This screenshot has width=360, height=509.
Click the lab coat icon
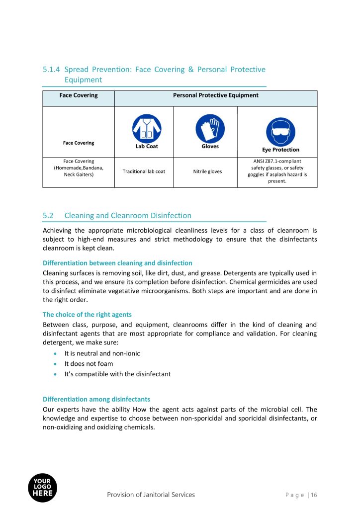pos(147,128)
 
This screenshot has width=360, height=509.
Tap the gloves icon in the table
pos(210,128)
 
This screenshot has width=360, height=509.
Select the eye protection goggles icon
pos(280,131)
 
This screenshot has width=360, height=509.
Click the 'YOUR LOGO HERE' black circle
pos(42,487)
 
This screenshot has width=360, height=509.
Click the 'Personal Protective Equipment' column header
pos(215,95)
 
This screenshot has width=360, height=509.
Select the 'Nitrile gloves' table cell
pos(207,171)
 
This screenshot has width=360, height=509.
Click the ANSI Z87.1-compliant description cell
pos(277,171)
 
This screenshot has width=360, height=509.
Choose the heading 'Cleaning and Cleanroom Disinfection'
pos(128,216)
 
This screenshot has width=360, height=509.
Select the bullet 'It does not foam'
pos(89,363)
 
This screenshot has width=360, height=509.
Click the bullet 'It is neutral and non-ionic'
pos(102,353)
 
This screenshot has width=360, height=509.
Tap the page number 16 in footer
pos(314,495)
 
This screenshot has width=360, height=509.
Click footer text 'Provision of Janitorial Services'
pos(151,495)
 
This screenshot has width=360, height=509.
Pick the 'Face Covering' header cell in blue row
pos(79,95)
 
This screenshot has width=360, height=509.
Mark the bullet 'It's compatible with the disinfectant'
pos(117,374)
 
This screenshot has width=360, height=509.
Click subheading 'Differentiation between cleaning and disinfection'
pos(117,263)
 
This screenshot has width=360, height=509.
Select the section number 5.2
pos(48,216)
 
